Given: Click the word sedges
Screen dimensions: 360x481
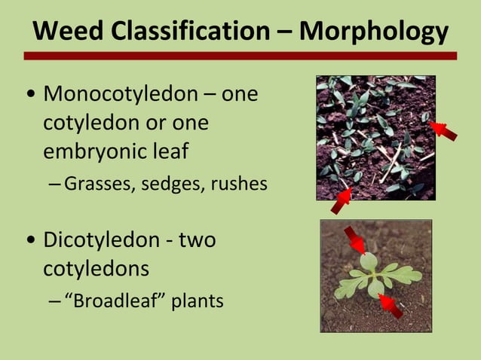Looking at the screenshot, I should [x=173, y=183].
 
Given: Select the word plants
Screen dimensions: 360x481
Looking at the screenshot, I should [x=196, y=302].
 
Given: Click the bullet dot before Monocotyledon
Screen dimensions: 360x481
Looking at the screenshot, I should [x=29, y=96].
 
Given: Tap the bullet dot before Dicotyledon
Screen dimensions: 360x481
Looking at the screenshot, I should [x=29, y=241].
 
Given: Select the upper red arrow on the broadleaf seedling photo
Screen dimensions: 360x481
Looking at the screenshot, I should [x=354, y=240].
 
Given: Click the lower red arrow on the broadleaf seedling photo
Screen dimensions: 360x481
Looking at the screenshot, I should [x=391, y=305].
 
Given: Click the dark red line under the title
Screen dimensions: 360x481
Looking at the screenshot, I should [x=240, y=56].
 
